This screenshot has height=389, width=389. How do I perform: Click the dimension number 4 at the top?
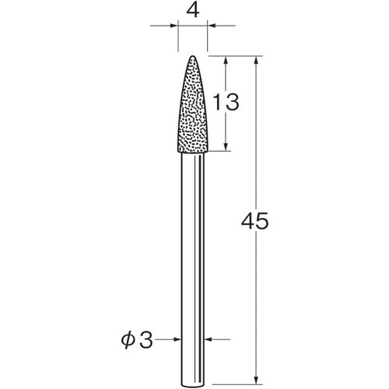[193, 11]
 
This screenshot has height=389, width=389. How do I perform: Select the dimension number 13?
[226, 102]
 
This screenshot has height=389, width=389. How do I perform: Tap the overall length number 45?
[254, 221]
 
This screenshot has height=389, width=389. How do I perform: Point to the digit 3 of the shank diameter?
[146, 340]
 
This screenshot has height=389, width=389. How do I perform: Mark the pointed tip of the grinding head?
[193, 56]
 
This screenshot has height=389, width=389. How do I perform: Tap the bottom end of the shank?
[193, 387]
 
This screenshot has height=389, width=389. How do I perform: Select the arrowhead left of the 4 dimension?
[173, 26]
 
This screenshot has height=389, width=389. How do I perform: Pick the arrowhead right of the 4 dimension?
[212, 26]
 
